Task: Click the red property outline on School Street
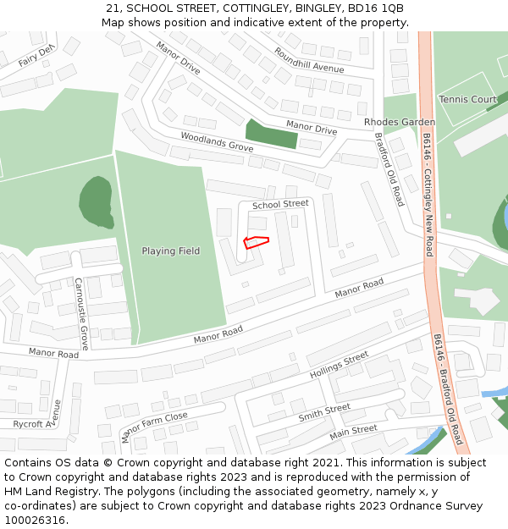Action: click(256, 242)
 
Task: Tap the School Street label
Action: click(280, 204)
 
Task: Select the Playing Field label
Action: click(170, 251)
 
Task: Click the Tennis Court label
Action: click(468, 100)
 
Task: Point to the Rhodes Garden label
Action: click(400, 122)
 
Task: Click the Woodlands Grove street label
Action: click(217, 141)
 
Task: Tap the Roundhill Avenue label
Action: click(308, 59)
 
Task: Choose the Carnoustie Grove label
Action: click(81, 313)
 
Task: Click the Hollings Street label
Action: click(339, 364)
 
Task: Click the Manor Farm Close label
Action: click(154, 427)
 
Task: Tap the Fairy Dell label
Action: click(36, 56)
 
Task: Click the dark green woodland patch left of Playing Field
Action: click(96, 202)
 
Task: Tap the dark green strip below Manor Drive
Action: click(271, 134)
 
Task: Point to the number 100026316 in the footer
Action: click(36, 520)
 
